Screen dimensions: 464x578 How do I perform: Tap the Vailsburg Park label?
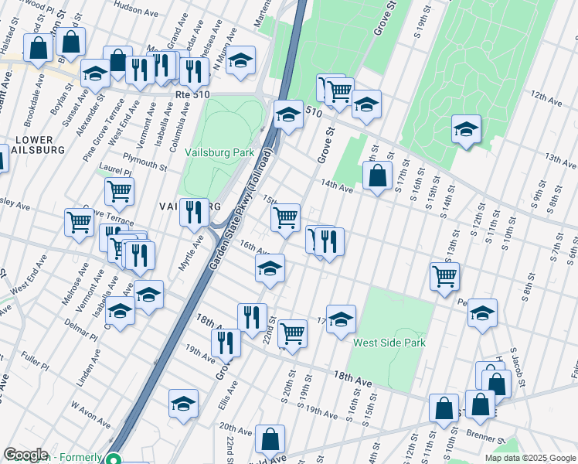point(219,153)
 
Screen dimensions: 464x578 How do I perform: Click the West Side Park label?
point(388,343)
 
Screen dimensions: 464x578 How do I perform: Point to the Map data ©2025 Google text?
point(529,458)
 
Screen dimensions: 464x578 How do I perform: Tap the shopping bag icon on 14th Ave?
point(377,176)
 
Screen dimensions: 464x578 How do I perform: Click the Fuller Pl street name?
point(36,360)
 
